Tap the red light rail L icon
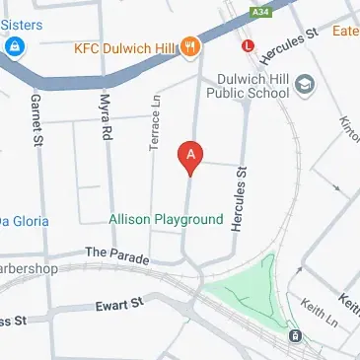point(248,45)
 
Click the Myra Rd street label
point(104,114)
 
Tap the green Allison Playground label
point(166,220)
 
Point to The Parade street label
point(116,255)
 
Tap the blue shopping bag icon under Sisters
point(15,46)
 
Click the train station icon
point(295,336)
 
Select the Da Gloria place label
point(22,221)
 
